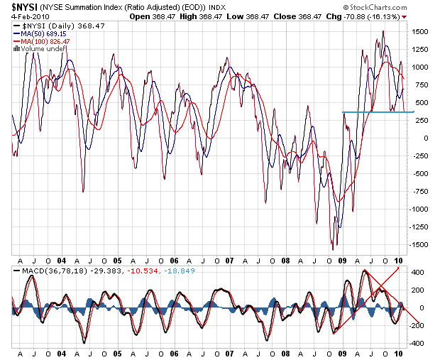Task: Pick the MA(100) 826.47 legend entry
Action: [x=48, y=41]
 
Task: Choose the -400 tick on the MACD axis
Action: [x=417, y=343]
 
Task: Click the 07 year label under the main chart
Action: [x=229, y=261]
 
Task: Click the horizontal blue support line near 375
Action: [x=377, y=112]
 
